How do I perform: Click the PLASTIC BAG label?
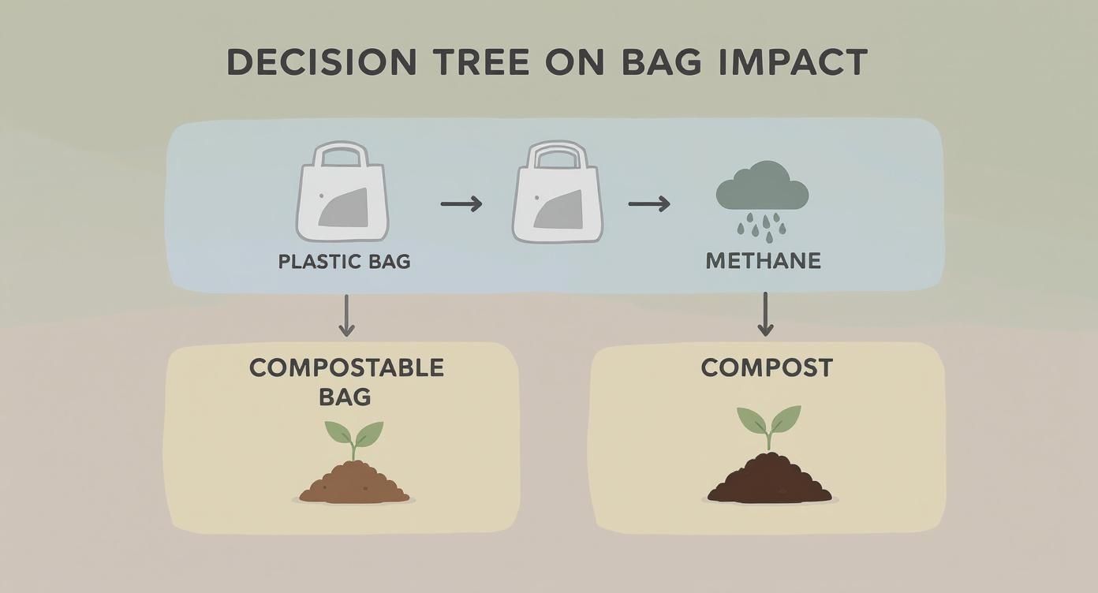tap(345, 261)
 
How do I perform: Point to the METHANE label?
tap(763, 261)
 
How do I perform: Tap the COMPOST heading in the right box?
tap(767, 367)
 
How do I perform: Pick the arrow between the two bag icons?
tap(461, 204)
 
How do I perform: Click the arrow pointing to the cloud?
tap(649, 204)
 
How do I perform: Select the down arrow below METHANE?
tap(764, 314)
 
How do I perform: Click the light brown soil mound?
tap(354, 484)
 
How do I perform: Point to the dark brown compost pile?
tap(769, 480)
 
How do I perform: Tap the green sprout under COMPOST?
tap(769, 425)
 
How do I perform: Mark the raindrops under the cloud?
tap(762, 226)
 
